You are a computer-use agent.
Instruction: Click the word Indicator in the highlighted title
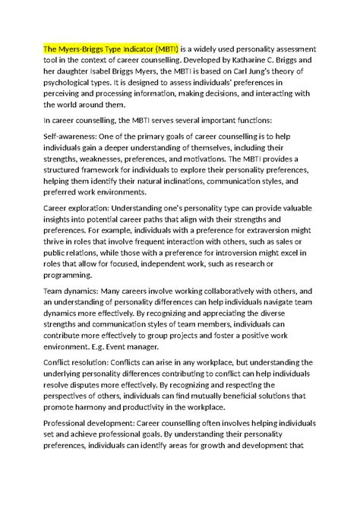point(131,48)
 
